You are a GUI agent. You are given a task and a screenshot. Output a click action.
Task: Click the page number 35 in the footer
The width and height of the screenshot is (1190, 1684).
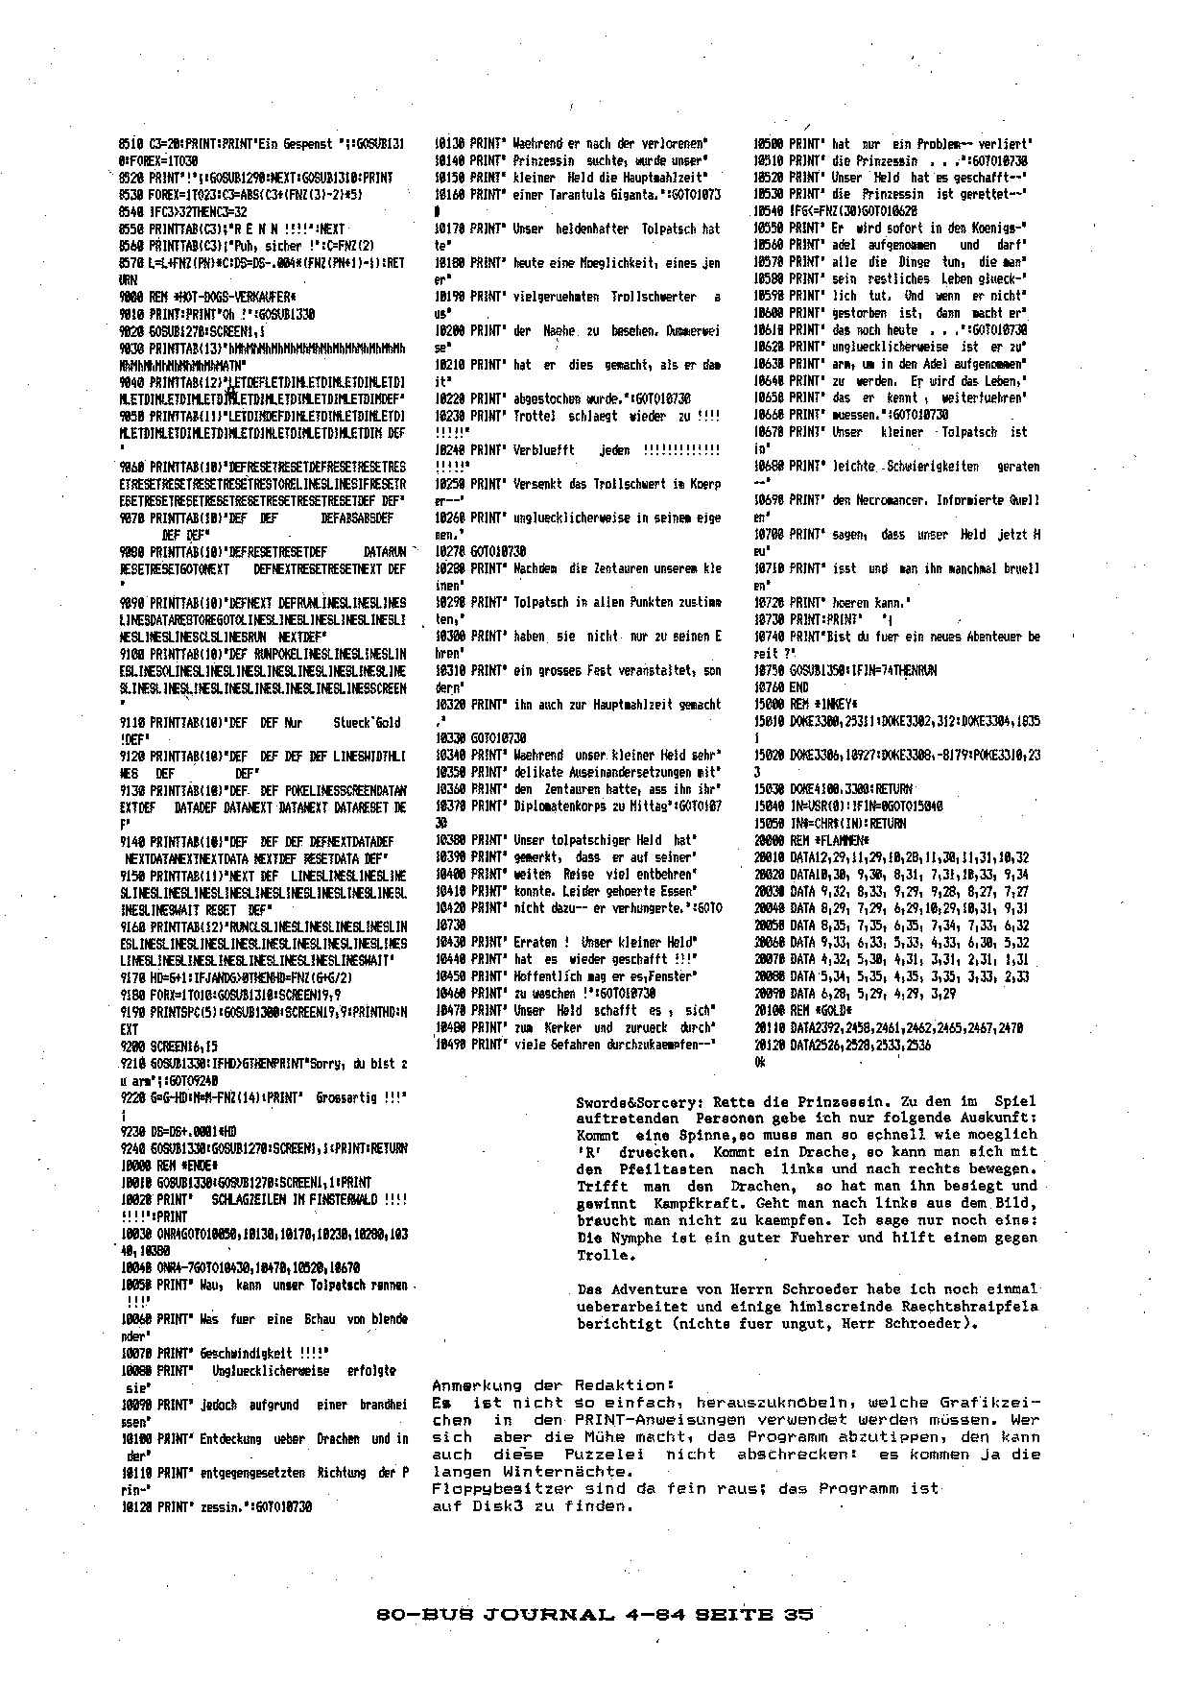(x=797, y=1614)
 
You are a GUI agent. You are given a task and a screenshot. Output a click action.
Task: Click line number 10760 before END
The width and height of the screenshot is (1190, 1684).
(x=769, y=686)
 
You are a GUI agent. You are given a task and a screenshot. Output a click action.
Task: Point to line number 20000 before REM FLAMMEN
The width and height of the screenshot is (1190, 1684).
(x=770, y=839)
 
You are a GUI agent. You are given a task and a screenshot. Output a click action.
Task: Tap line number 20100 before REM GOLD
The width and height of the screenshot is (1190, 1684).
(x=770, y=1011)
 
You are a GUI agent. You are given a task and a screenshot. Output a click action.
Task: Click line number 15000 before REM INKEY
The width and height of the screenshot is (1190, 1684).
(x=769, y=704)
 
